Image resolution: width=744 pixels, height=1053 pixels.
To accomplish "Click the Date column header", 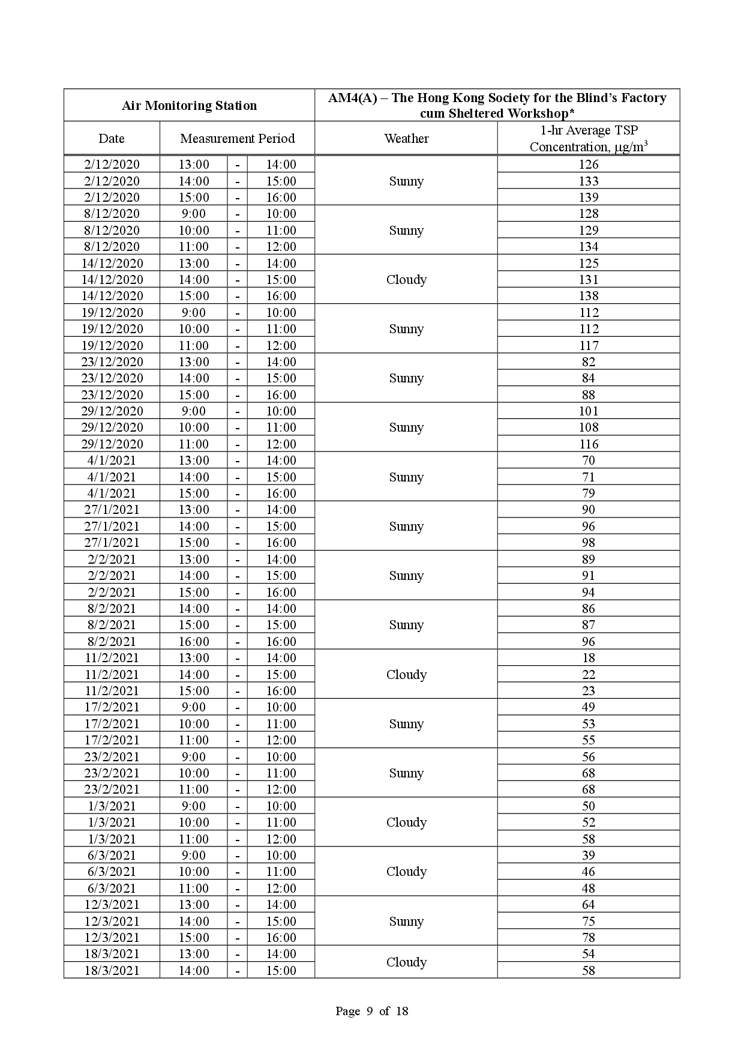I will [x=112, y=139].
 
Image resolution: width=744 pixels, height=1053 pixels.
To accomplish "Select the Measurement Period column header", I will [x=237, y=139].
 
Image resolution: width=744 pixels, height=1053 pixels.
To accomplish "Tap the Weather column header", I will [x=406, y=139].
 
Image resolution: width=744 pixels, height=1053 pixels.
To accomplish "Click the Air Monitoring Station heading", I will [x=189, y=106].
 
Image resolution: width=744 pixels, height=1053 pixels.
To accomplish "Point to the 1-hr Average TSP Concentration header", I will [x=588, y=139].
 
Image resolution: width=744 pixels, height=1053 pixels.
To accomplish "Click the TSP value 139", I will [x=588, y=198].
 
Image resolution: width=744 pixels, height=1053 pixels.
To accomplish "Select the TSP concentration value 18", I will [x=588, y=658].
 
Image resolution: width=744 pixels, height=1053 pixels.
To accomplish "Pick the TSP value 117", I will [x=588, y=346].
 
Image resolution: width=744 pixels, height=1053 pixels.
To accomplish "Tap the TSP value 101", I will [x=588, y=411].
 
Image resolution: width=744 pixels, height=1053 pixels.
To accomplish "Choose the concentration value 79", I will [x=588, y=493].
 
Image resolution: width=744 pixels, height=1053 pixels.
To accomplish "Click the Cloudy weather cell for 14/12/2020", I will [x=406, y=280].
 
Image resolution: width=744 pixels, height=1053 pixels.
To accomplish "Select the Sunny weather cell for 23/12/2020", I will [x=406, y=378].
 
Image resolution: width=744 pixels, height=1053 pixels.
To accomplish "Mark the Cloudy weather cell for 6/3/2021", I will [x=406, y=872].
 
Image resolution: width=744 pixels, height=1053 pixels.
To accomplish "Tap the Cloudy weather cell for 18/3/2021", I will [x=406, y=962].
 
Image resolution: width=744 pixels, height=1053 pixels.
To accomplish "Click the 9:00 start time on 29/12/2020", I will [x=193, y=411].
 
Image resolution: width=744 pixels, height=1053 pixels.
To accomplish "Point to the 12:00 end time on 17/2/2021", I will [x=281, y=740].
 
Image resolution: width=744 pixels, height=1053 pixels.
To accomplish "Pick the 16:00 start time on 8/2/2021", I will [x=193, y=642].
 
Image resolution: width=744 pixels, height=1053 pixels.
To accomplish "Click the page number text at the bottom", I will [x=371, y=1011].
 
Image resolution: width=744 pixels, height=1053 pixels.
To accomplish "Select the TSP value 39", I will [x=588, y=855].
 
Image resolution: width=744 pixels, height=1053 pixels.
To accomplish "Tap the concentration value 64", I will [x=588, y=905].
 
